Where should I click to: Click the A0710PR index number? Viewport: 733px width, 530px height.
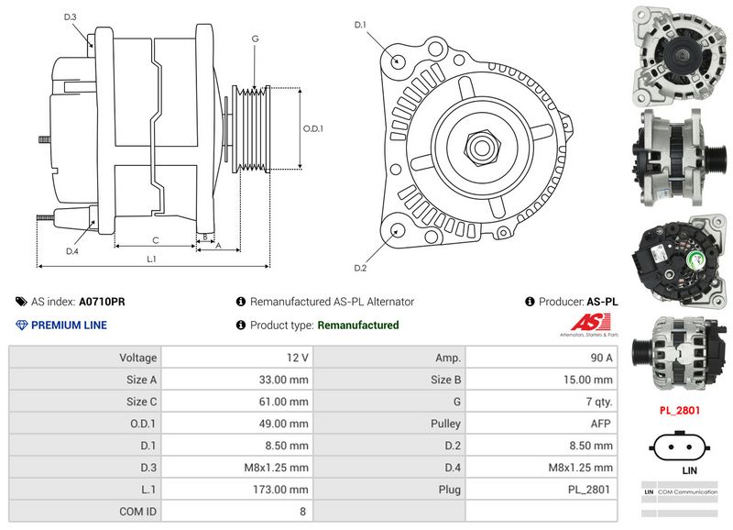click(102, 301)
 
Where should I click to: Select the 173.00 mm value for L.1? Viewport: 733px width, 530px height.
click(283, 490)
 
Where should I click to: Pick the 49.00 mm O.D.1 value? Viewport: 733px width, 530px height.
click(283, 424)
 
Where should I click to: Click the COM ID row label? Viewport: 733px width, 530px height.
click(138, 512)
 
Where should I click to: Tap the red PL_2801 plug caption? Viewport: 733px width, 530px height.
click(680, 410)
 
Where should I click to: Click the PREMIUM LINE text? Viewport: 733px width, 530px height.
click(69, 325)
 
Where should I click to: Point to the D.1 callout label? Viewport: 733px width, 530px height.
click(360, 25)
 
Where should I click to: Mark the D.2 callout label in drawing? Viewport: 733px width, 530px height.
click(360, 268)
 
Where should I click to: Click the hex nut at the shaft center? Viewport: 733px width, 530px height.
click(482, 146)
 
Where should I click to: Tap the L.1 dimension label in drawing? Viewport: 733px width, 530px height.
click(152, 259)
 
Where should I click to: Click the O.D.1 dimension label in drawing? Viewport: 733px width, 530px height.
click(313, 128)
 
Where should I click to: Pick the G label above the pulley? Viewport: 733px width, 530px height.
click(255, 39)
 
